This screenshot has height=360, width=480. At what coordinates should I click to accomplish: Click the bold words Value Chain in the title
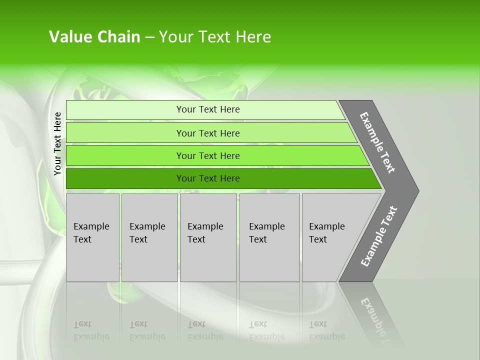94,37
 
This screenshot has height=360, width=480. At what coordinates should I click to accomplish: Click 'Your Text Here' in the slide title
215,37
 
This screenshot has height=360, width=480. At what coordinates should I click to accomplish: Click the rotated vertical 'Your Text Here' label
57,144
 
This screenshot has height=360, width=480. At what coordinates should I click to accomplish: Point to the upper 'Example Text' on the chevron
377,142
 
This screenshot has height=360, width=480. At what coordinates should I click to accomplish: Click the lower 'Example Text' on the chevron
379,236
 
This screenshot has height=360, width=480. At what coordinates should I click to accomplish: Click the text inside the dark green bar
208,178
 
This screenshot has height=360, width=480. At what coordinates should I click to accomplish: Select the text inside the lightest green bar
208,109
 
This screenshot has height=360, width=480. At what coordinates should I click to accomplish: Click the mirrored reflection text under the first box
91,330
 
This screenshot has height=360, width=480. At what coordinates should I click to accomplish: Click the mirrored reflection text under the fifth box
326,330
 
